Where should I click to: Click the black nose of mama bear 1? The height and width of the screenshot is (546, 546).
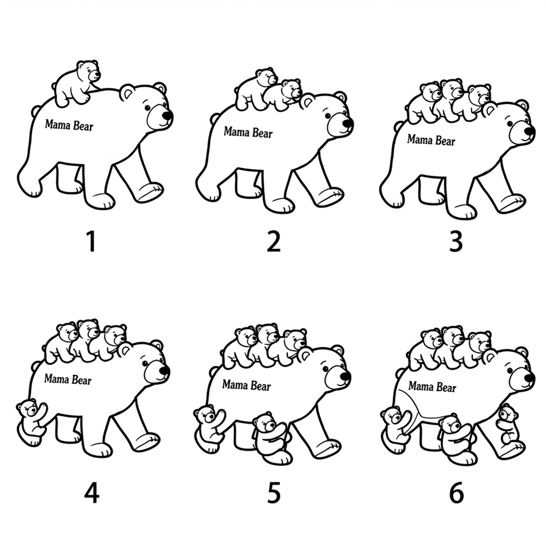tap(168, 116)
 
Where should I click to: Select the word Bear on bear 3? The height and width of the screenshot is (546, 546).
tap(446, 141)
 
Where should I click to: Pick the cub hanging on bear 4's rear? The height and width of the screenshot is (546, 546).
tap(31, 422)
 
